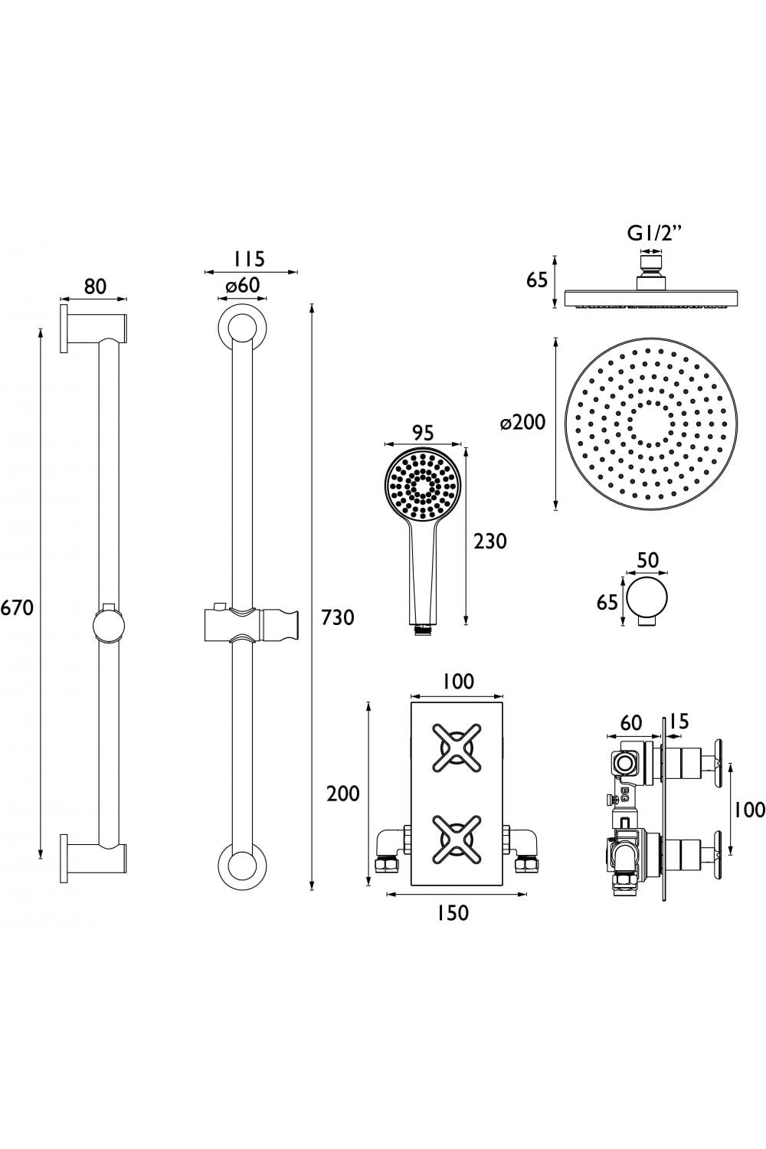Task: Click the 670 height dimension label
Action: pos(18,608)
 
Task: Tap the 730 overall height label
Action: pos(338,617)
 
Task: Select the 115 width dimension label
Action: pos(250,259)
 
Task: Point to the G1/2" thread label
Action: pos(654,234)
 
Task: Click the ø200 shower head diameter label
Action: pos(523,423)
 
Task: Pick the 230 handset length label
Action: pos(490,541)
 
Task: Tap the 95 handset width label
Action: pos(422,433)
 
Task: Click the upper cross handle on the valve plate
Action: pos(457,748)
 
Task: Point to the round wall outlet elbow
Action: pos(647,601)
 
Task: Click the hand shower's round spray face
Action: pos(422,485)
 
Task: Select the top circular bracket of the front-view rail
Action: pos(242,329)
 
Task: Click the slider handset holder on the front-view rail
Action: pos(249,624)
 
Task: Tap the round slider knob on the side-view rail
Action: pos(109,627)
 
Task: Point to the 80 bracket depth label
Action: pos(95,286)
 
